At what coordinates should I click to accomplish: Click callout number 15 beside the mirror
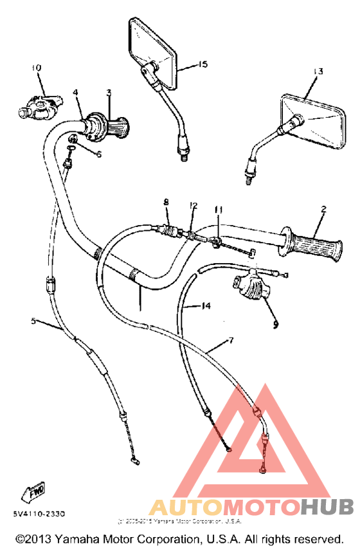tap(203, 64)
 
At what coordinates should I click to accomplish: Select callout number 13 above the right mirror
tap(316, 71)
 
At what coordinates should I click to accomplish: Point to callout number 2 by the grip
tap(323, 209)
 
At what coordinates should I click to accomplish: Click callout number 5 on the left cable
tap(33, 320)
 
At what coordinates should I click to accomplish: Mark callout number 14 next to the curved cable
tap(206, 307)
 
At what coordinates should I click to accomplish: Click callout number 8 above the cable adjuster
tap(166, 203)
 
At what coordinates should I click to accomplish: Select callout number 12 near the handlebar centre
tap(192, 205)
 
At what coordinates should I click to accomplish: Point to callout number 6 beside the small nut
tap(98, 154)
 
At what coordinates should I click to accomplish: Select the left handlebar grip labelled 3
tap(118, 127)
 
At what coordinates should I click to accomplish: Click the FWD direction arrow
tap(33, 492)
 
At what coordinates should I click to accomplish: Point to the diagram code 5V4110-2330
tap(37, 513)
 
